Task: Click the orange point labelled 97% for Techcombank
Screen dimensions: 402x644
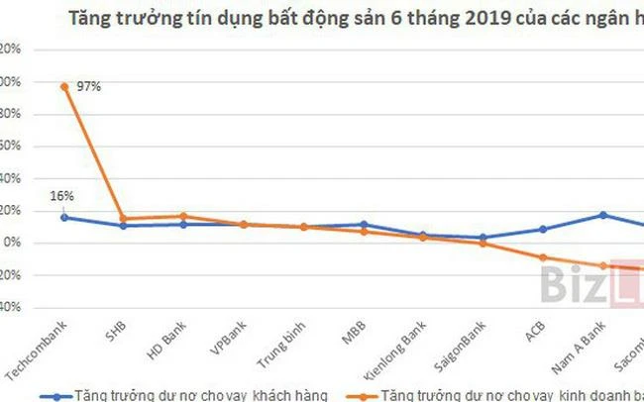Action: (64, 86)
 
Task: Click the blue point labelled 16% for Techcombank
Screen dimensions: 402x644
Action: (64, 217)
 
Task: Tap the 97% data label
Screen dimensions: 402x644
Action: (88, 87)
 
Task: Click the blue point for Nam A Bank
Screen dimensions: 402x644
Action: (601, 215)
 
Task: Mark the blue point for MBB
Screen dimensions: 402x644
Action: (364, 225)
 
